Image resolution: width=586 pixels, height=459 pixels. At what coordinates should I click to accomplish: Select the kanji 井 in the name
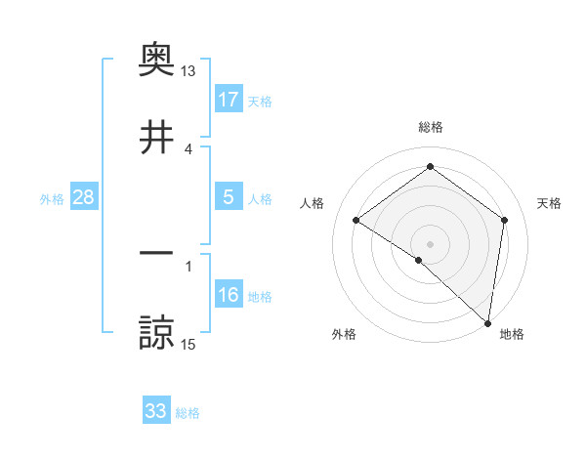[x=156, y=138]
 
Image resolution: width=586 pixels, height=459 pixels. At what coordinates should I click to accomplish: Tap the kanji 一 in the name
[x=156, y=254]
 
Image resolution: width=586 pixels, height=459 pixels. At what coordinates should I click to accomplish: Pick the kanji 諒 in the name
[x=156, y=333]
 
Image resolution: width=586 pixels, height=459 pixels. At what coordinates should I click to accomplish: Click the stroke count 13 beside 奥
[x=188, y=71]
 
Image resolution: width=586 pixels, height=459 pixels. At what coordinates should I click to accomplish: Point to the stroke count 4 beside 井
[x=188, y=148]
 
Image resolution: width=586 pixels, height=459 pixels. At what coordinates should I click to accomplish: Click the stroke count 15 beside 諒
[x=188, y=343]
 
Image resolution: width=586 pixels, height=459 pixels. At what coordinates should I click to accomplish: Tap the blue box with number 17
[x=228, y=100]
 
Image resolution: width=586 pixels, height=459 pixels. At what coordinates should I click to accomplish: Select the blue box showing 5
[x=228, y=197]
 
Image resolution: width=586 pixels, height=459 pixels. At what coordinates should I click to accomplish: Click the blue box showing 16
[x=228, y=295]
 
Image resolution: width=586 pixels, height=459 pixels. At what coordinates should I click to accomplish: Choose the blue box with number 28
[x=83, y=197]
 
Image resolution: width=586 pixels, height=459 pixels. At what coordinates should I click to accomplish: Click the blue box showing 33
[x=156, y=411]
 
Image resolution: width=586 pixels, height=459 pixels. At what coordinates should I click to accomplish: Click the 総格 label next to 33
[x=188, y=413]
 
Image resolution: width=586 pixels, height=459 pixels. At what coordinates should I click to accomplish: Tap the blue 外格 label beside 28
[x=52, y=199]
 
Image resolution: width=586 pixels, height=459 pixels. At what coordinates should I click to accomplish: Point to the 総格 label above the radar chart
[x=431, y=127]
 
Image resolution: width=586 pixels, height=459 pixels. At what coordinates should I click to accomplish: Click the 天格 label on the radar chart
[x=550, y=203]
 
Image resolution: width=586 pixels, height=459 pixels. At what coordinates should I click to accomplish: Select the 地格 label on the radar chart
[x=512, y=334]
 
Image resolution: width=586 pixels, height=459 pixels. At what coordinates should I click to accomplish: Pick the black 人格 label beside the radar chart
[x=312, y=203]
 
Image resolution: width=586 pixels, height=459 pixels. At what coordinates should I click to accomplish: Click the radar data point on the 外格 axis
[x=419, y=260]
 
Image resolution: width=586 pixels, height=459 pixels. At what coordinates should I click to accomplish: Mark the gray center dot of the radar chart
[x=431, y=243]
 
